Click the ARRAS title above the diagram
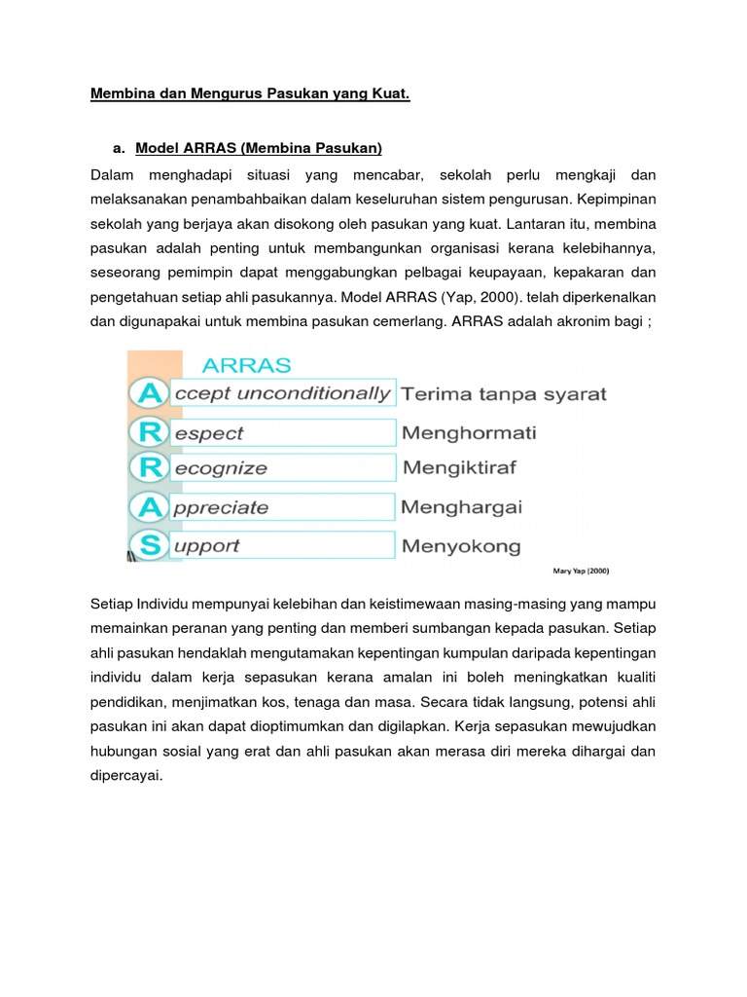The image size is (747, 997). pos(246,365)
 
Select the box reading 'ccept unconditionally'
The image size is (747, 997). pos(282,393)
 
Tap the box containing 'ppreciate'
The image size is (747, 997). pos(282,507)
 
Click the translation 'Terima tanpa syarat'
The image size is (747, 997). pos(503,394)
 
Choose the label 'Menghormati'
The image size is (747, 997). pos(468,432)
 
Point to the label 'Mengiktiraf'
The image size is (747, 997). pos(459,468)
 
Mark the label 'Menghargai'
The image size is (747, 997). pos(461,507)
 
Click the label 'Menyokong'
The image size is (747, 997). pos(460,546)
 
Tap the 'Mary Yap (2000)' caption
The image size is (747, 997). pos(582,572)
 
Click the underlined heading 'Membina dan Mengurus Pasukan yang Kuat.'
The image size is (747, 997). pos(250,94)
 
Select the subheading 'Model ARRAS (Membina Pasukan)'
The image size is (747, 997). pos(259,148)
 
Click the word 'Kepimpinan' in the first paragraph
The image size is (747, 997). pos(615,201)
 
